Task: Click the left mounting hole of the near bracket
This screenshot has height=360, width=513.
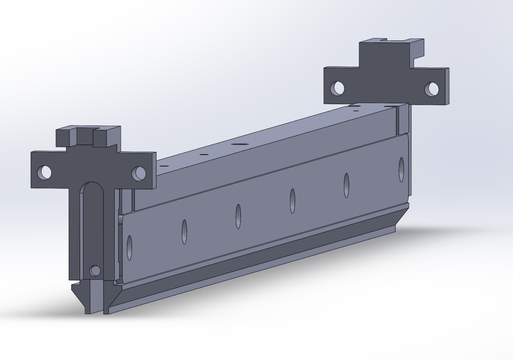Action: tap(44, 172)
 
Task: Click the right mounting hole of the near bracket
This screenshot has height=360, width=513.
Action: tap(139, 173)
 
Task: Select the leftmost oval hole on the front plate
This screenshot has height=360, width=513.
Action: tap(130, 247)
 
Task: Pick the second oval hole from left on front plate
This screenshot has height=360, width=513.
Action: tap(184, 232)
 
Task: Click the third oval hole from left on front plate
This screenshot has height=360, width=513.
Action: tap(238, 216)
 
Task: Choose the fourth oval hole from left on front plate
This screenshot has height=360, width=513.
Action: tap(292, 201)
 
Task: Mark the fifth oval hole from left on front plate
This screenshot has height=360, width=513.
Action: tap(346, 185)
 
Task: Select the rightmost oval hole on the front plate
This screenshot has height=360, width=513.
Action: tap(401, 170)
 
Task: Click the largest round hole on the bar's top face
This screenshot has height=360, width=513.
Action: tap(238, 144)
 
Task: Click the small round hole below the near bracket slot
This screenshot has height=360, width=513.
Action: tap(95, 271)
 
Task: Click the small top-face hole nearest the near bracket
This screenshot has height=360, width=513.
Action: tap(165, 166)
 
